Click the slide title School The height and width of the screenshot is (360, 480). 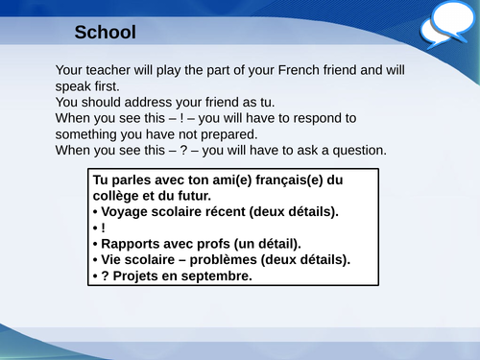[105, 33]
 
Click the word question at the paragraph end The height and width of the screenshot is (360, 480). [354, 150]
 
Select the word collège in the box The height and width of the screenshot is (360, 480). [120, 196]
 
